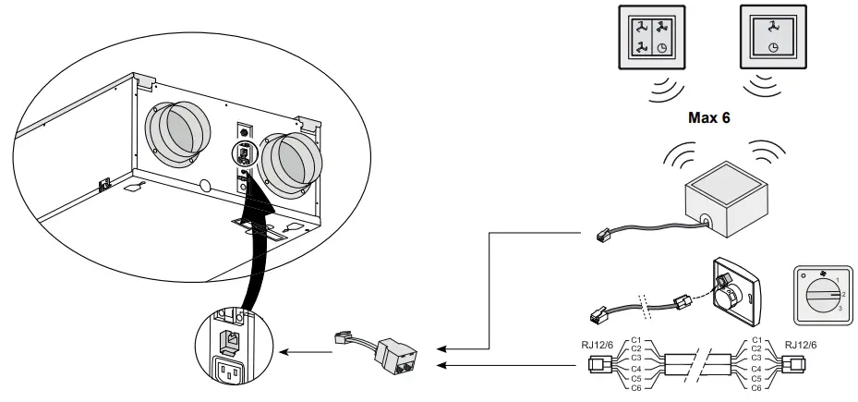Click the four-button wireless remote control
tap(652, 39)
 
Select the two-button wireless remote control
tap(772, 39)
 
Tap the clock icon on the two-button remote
tap(772, 48)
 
